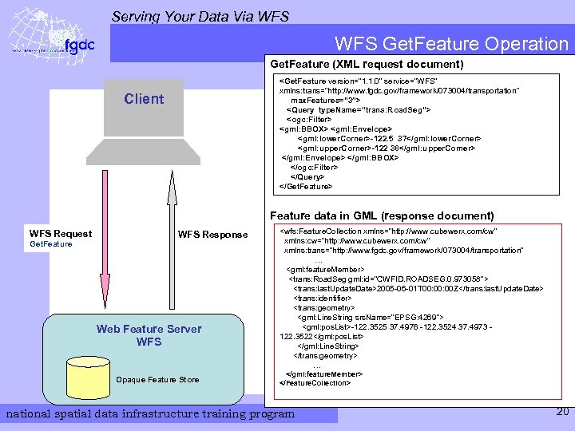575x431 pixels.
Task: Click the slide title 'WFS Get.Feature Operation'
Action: tap(451, 44)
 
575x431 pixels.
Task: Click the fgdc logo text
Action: tap(79, 45)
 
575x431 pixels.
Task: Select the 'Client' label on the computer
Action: tap(144, 99)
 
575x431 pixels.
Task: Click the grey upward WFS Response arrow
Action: tap(170, 239)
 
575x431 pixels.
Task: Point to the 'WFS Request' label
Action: tap(61, 234)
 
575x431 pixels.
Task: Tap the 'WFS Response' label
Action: tap(212, 234)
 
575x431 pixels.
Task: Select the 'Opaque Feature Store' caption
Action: tap(157, 379)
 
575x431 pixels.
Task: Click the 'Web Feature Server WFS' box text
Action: tap(149, 335)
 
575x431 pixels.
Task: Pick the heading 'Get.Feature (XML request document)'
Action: tap(367, 63)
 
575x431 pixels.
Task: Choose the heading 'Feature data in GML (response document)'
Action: tap(382, 215)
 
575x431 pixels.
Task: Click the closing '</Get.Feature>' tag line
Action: tap(305, 187)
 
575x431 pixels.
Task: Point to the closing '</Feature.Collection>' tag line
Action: tap(315, 383)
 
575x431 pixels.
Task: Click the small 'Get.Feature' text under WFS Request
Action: tap(50, 244)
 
